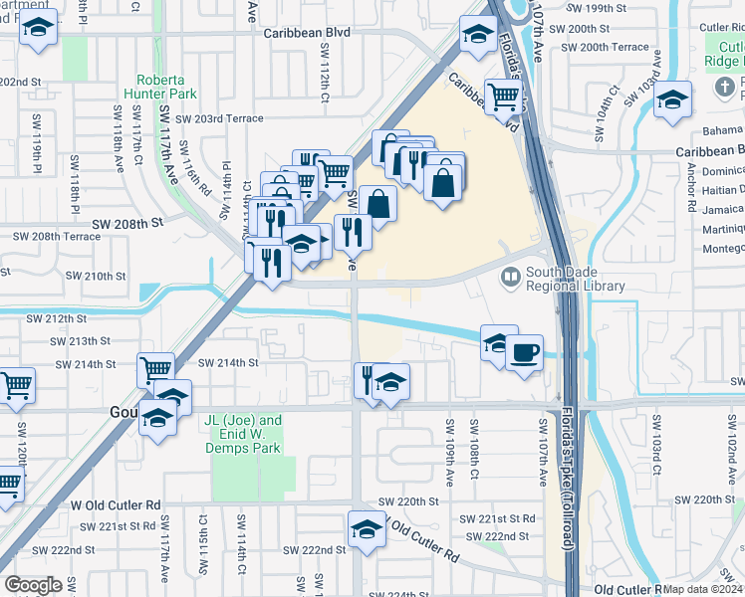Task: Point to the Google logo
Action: pos(34,584)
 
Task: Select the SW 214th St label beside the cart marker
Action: pos(227,363)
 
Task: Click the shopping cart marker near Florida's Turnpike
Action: pos(504,96)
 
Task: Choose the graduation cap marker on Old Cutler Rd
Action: pos(367,528)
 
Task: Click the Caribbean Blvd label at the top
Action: pos(307,32)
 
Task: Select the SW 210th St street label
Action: pos(96,276)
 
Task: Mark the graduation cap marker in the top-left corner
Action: pos(38,31)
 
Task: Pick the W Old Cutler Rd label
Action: pos(116,505)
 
